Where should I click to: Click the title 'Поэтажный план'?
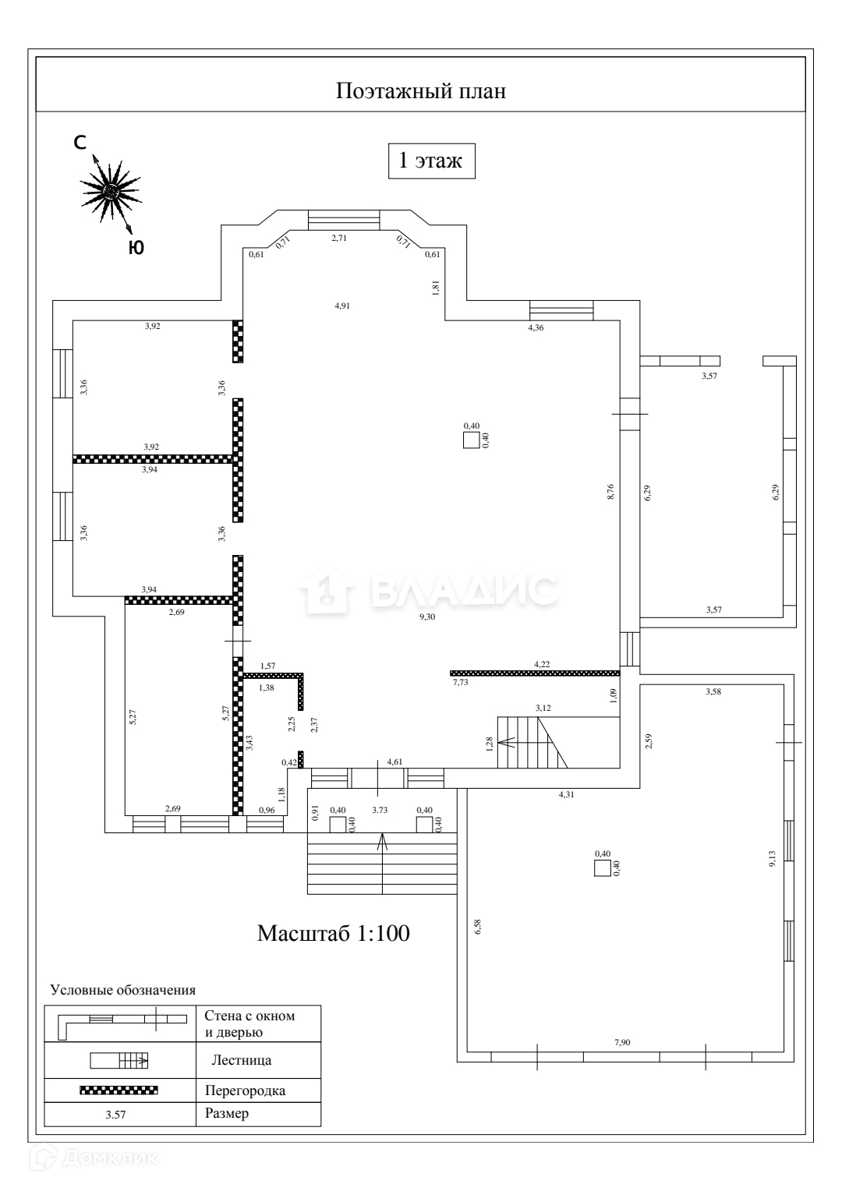(x=421, y=91)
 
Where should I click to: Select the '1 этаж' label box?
(x=431, y=161)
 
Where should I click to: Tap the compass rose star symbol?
(x=111, y=190)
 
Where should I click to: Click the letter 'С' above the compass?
(x=80, y=143)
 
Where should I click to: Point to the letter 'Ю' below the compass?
(x=136, y=248)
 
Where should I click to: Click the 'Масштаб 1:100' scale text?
(x=334, y=933)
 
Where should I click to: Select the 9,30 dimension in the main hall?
(x=427, y=617)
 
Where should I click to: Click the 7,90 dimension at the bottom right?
(x=621, y=1042)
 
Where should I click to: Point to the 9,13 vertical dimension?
(x=772, y=859)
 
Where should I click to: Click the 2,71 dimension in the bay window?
(x=339, y=238)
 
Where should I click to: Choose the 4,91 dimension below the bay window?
(x=342, y=306)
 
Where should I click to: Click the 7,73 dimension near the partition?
(x=461, y=682)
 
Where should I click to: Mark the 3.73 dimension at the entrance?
(x=380, y=811)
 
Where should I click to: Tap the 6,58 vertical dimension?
(x=477, y=926)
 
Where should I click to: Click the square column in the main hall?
(x=471, y=440)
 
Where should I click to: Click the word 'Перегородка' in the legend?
(x=245, y=1090)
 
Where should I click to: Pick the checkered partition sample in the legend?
(x=119, y=1090)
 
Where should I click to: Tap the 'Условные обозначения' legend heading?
(x=122, y=990)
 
